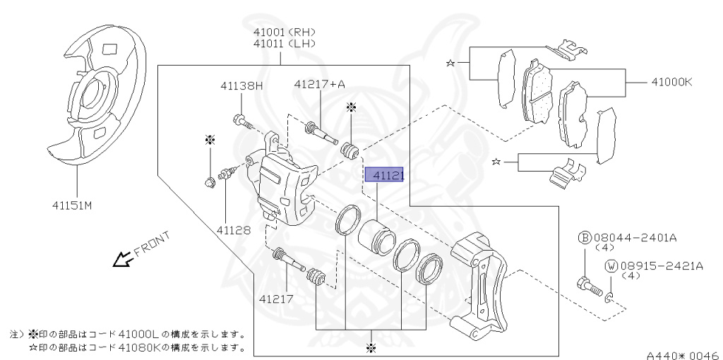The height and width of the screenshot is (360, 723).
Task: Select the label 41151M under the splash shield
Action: [71, 205]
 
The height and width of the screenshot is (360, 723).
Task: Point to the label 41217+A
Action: [319, 85]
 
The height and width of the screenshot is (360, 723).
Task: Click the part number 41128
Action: [233, 229]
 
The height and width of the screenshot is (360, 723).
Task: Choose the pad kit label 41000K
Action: [667, 82]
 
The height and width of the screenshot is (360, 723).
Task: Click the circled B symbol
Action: [585, 238]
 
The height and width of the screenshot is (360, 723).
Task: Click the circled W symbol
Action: [611, 266]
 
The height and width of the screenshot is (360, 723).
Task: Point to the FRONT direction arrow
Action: [124, 260]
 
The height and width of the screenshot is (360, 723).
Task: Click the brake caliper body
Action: [282, 187]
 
